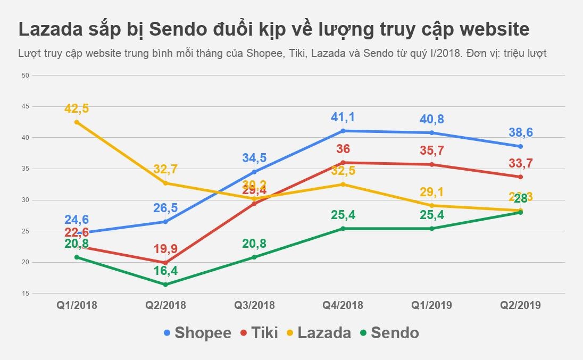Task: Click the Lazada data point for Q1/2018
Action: (x=77, y=122)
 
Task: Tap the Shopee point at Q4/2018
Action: (x=343, y=131)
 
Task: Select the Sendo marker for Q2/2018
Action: (x=165, y=284)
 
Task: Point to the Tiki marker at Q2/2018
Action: (x=165, y=263)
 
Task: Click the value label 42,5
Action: (x=77, y=108)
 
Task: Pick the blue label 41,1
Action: (x=343, y=118)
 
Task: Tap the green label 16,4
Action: (x=165, y=271)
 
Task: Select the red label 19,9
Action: (x=165, y=249)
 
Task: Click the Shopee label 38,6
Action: (x=521, y=132)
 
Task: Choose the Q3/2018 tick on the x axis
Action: (x=254, y=305)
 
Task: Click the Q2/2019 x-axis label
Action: (x=521, y=305)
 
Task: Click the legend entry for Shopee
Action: (x=197, y=333)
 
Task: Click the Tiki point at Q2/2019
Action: (x=521, y=177)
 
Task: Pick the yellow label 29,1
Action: (x=432, y=192)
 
